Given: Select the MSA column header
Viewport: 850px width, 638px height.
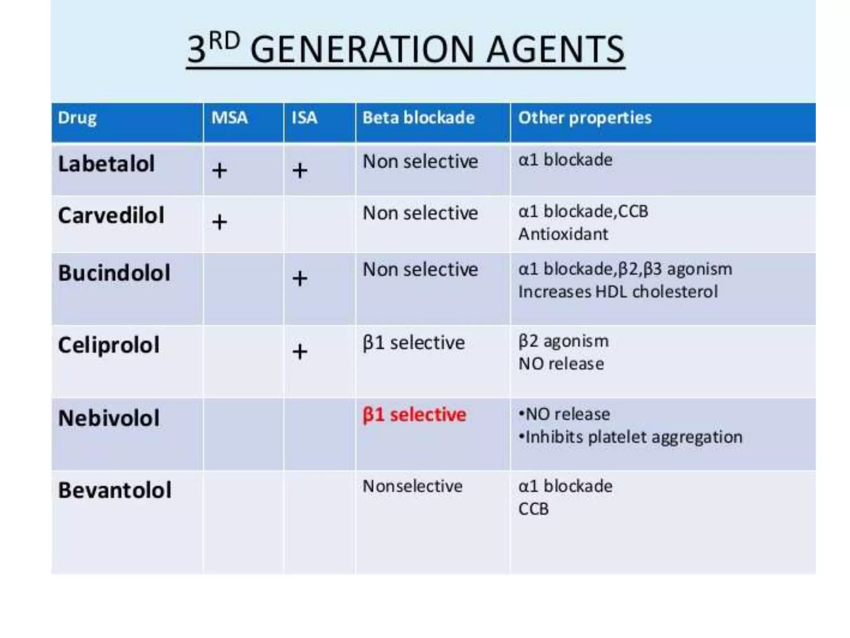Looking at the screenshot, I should pos(230,118).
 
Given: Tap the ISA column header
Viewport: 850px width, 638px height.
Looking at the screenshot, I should pos(304,118).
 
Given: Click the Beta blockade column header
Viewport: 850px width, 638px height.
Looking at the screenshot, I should pos(418,118).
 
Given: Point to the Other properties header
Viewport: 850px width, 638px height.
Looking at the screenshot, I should pos(585,118).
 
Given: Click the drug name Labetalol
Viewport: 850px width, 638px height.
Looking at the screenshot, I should pos(106,164).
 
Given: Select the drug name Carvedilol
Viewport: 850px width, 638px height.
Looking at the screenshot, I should pos(111,216).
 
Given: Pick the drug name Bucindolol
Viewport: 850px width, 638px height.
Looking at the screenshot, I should pos(114,273).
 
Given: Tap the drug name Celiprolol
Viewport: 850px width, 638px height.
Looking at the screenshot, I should pos(109,345).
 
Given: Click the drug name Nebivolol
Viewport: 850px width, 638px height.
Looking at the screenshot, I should pos(109,418).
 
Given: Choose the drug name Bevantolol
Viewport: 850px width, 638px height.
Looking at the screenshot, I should pos(115,491).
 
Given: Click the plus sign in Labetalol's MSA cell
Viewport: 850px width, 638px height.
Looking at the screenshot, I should pos(220,171).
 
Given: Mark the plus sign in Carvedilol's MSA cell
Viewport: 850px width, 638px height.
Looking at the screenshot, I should pos(220,222).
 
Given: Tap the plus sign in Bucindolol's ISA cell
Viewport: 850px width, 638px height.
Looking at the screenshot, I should pos(300,279).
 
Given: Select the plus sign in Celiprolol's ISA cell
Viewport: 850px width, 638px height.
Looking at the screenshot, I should pos(300,352).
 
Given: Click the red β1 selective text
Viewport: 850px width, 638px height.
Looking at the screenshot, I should pos(414,415).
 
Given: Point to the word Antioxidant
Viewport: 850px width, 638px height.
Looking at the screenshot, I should pos(563,234).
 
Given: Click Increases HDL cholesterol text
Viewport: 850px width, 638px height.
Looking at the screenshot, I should pos(618,292).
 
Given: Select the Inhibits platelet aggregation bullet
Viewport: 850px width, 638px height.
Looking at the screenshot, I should pos(631,437).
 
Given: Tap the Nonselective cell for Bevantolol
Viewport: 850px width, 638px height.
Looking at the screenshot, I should pos(412,486).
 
